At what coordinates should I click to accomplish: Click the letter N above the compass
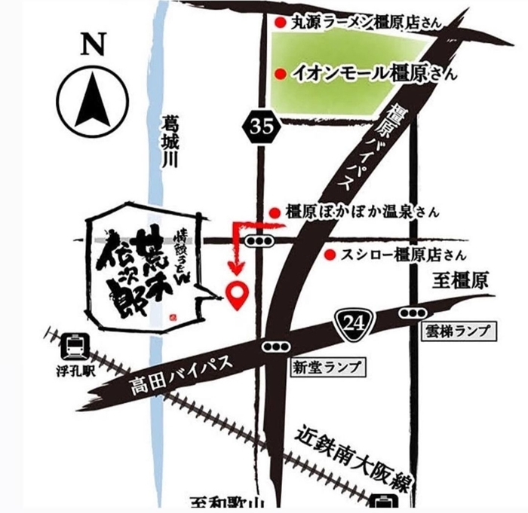point(95,45)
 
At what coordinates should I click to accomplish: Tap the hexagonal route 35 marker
point(262,127)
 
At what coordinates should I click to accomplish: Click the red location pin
point(238,295)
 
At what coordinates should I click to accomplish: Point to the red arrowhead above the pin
point(238,267)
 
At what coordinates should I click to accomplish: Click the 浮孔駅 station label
point(76,371)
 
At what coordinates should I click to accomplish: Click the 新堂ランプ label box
point(325,368)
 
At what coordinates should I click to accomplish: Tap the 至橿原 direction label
point(462,282)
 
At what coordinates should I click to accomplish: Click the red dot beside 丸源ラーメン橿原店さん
point(280,23)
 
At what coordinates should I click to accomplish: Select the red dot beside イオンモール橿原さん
point(280,74)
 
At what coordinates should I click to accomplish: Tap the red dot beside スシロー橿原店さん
point(330,255)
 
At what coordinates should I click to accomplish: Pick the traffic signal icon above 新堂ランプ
point(274,345)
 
